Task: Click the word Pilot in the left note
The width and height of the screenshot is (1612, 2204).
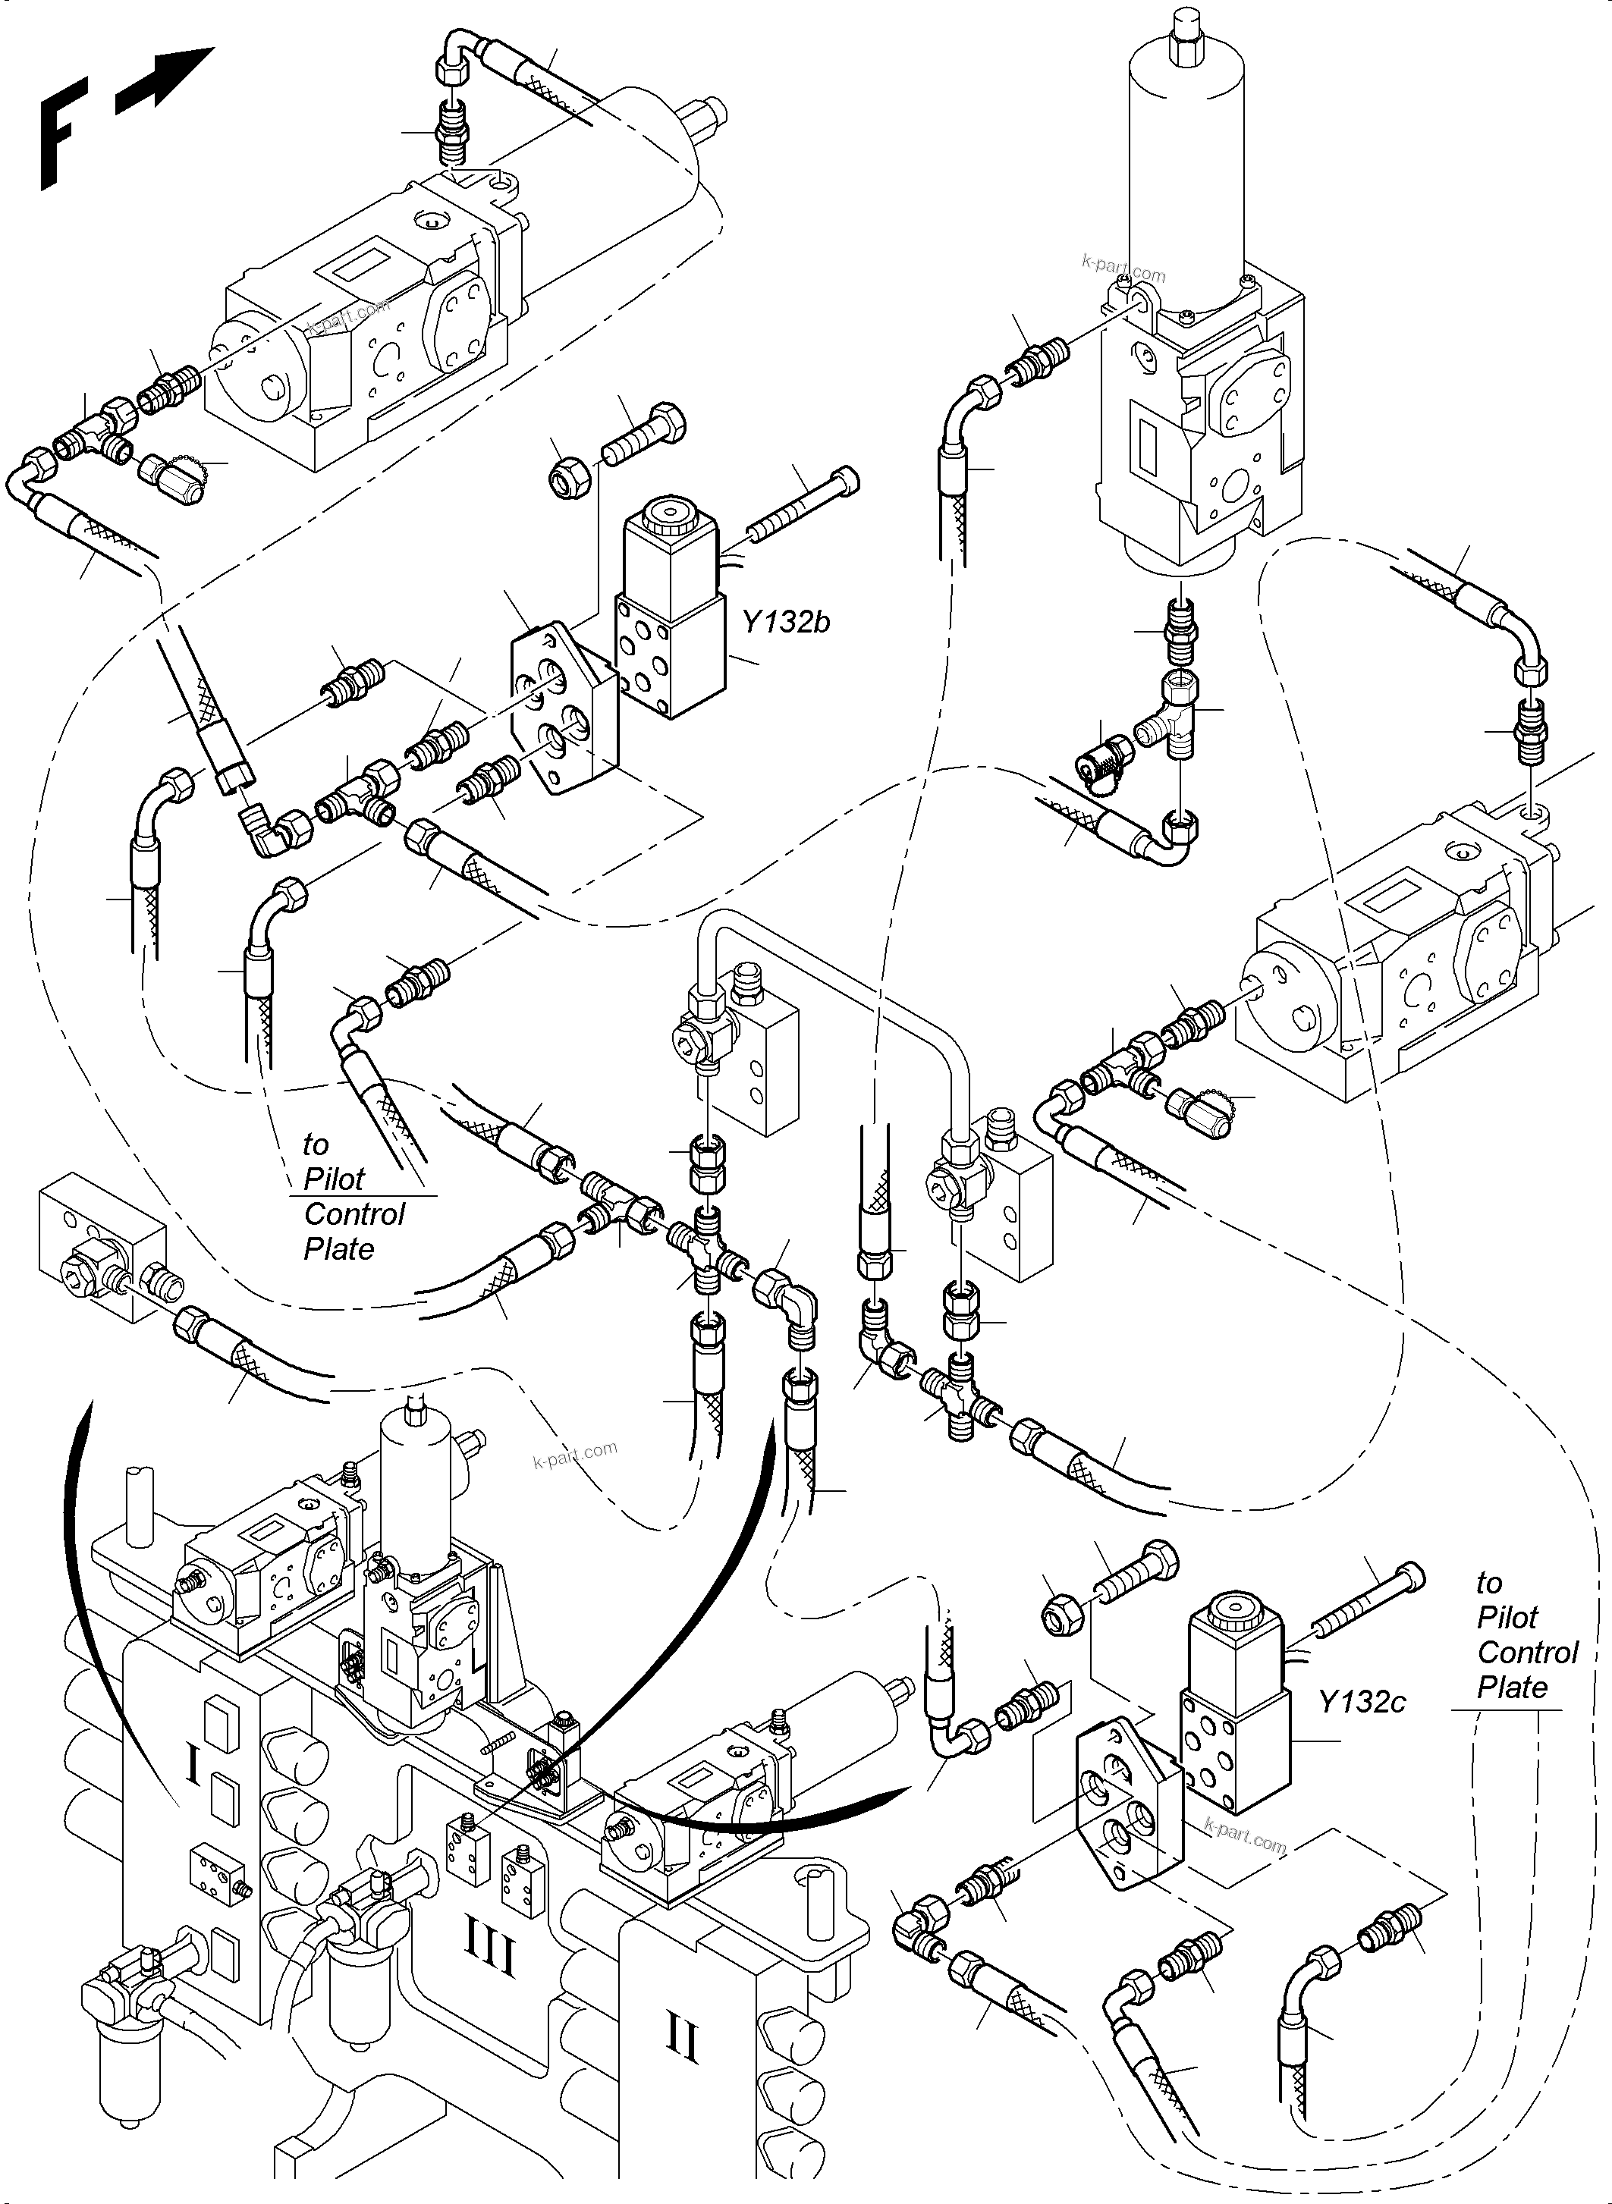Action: [x=334, y=1179]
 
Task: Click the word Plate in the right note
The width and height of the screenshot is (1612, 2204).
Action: [x=1512, y=1687]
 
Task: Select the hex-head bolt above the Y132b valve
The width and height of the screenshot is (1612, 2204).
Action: [x=643, y=436]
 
